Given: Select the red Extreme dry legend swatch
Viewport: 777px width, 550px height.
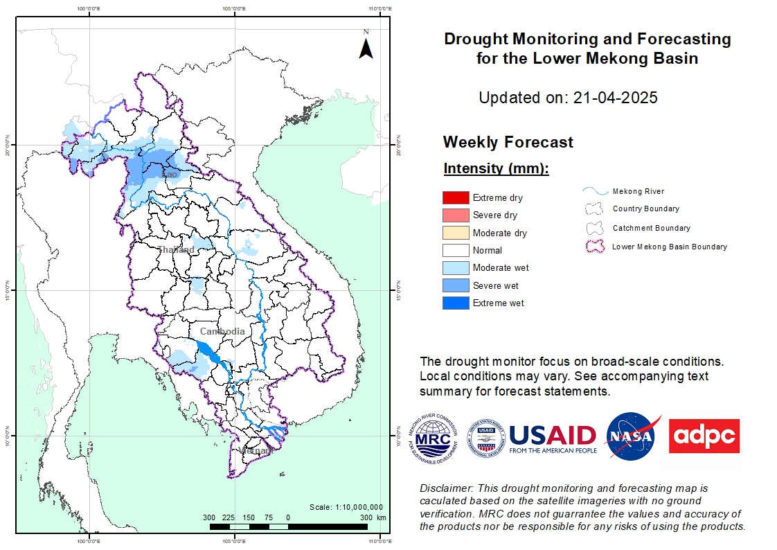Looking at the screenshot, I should coord(456,198).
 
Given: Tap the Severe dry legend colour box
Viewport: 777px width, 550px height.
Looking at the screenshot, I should coord(456,215).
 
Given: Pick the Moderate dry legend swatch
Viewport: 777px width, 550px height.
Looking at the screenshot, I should coord(456,233).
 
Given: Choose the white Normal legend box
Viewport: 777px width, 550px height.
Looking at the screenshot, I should coord(456,250).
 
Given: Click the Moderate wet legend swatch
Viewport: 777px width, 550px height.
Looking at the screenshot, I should coord(456,268).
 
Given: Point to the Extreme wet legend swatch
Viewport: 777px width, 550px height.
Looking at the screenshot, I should coord(456,303).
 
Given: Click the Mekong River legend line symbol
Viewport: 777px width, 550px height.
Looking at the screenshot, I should coord(595,191).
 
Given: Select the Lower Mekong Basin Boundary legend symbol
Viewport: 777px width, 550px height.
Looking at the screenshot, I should coord(595,246).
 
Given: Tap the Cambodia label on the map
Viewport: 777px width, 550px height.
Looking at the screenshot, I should coord(222,332).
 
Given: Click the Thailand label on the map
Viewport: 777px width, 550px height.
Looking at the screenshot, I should coord(175,249).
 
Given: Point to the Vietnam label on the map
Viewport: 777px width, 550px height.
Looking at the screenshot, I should coord(256,451).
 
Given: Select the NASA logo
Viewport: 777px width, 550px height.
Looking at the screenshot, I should coord(631,436).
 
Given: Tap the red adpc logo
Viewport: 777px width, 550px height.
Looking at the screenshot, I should coord(704,436).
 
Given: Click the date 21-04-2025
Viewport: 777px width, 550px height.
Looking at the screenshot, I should coord(615,98).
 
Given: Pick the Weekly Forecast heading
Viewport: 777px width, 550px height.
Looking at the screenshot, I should coord(508,143).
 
